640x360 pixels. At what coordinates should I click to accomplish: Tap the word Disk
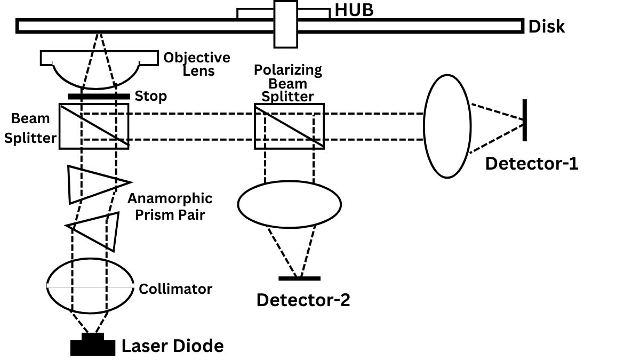[x=546, y=27]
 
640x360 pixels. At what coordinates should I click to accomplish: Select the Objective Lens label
[x=197, y=63]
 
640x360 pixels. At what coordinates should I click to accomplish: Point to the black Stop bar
[x=99, y=97]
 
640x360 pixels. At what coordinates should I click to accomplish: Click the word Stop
[x=151, y=97]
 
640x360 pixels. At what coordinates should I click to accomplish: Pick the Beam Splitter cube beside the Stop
[x=94, y=126]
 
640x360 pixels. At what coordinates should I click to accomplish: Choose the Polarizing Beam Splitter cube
[x=289, y=126]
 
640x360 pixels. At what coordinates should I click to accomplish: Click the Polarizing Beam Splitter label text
[x=288, y=83]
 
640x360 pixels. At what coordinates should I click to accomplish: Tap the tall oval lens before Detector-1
[x=447, y=126]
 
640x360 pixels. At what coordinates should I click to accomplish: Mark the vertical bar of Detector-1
[x=525, y=120]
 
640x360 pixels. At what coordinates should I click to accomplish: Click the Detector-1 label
[x=532, y=163]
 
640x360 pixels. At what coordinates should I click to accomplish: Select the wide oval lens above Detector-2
[x=289, y=204]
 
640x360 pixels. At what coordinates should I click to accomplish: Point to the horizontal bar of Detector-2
[x=299, y=278]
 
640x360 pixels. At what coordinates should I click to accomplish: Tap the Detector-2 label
[x=303, y=300]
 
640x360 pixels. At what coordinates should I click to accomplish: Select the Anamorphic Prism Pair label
[x=170, y=206]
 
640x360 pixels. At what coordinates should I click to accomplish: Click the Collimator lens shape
[x=91, y=287]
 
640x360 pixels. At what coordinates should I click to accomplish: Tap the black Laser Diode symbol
[x=93, y=345]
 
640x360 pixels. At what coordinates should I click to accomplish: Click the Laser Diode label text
[x=173, y=346]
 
